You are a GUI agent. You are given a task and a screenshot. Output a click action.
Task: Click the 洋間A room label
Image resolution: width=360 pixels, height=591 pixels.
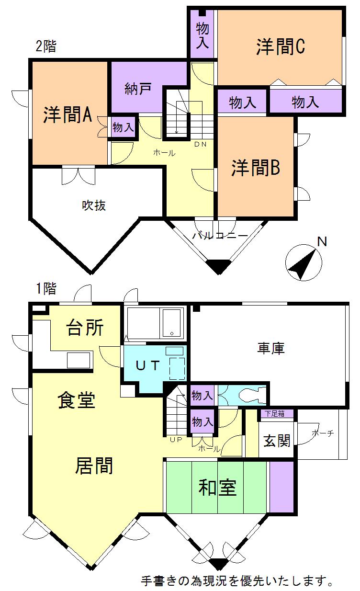(x=67, y=115)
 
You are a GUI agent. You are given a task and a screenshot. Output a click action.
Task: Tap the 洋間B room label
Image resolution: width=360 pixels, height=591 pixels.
(x=256, y=168)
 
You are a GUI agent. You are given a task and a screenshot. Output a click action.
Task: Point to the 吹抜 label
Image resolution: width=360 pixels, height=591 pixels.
(x=93, y=205)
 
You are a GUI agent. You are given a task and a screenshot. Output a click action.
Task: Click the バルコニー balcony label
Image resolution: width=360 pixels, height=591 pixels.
(x=220, y=236)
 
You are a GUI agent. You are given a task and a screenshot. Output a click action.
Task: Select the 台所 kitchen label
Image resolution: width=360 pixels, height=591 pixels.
(x=85, y=328)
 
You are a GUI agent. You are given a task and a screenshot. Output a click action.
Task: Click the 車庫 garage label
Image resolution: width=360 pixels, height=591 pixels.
(x=270, y=348)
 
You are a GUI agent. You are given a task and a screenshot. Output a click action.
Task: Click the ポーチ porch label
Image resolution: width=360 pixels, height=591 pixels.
(x=322, y=434)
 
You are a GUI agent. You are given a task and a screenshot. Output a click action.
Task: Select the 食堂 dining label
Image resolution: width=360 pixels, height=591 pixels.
(x=77, y=400)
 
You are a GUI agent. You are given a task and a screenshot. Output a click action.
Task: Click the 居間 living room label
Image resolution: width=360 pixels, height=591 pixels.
(x=94, y=466)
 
